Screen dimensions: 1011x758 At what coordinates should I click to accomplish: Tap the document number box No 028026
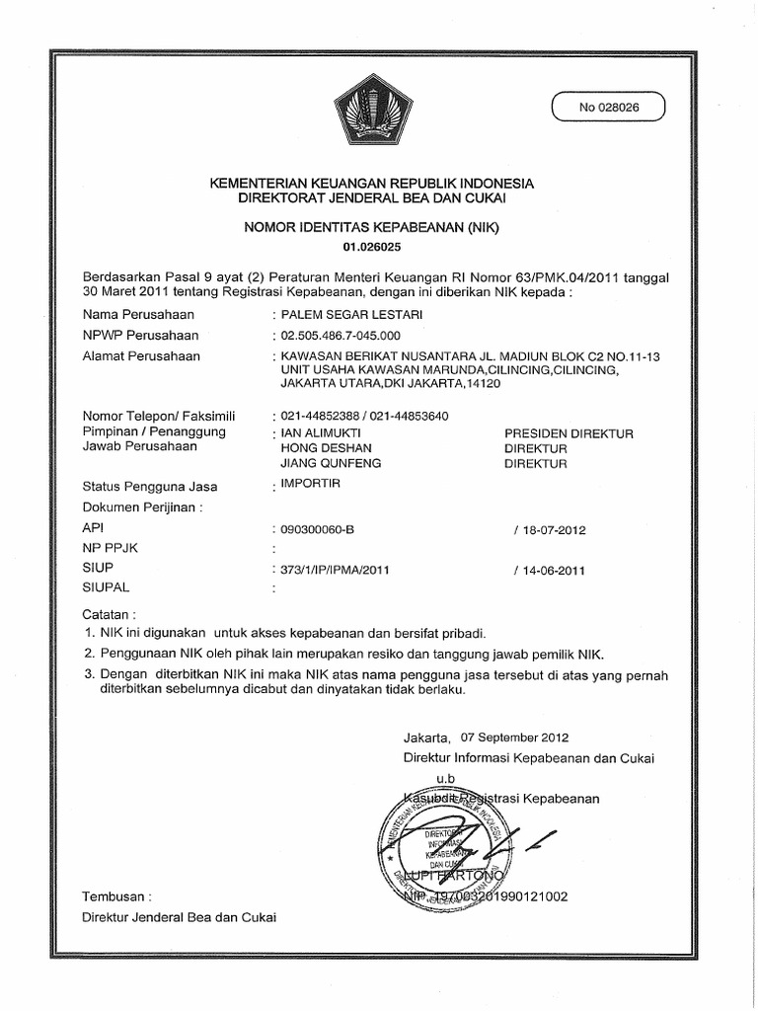[610, 108]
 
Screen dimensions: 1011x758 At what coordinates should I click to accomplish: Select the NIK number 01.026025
[373, 246]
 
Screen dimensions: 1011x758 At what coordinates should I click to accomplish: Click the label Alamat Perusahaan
[142, 355]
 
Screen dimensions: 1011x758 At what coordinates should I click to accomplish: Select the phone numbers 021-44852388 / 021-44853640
[365, 417]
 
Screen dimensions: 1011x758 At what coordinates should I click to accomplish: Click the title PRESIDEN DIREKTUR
[568, 433]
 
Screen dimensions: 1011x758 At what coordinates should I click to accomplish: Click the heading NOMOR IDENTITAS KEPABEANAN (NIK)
[373, 227]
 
